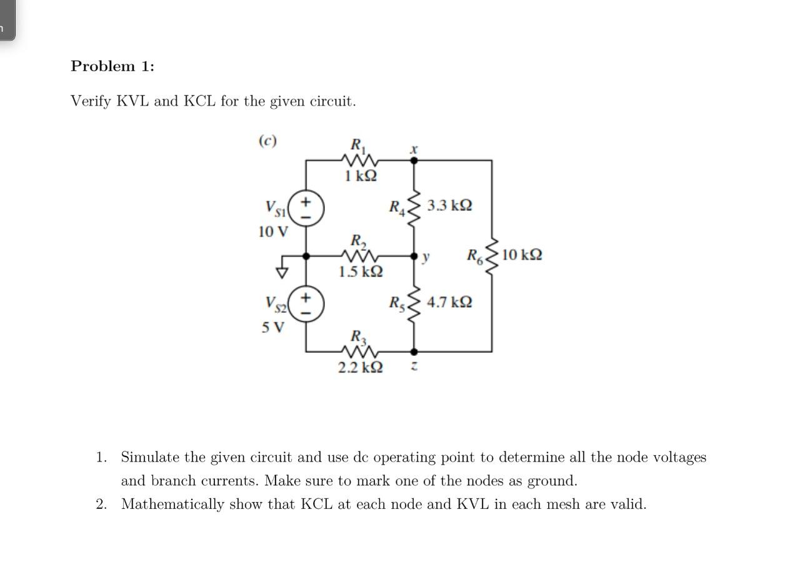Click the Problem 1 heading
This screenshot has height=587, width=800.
pos(112,66)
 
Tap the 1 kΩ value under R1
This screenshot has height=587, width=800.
pos(361,175)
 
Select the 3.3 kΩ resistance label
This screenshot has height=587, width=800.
pos(449,205)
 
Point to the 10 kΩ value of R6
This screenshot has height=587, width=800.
pos(521,255)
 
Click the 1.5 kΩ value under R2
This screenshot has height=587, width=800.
pos(361,272)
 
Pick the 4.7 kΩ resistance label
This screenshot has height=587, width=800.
pos(449,302)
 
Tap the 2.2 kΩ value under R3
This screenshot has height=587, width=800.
pos(361,367)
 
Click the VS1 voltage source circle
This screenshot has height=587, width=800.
pos(306,209)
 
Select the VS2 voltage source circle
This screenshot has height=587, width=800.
pos(306,304)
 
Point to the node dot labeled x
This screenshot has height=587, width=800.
pos(414,160)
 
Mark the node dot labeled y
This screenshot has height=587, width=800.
pos(414,256)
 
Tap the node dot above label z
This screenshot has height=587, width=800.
pos(414,352)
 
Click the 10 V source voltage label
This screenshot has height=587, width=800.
pos(273,232)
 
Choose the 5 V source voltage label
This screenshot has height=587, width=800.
pos(273,327)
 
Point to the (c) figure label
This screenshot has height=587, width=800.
pos(267,141)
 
